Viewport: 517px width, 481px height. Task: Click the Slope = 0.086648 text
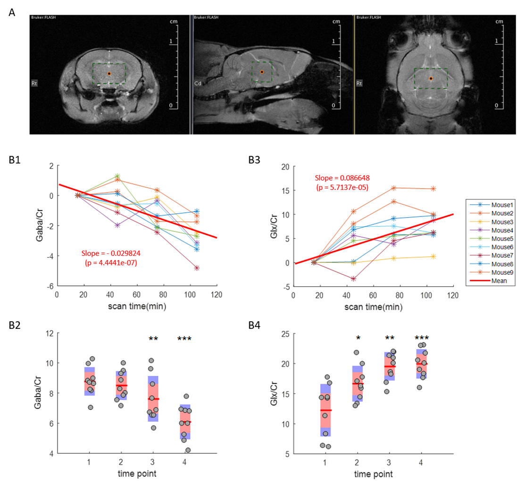(x=341, y=178)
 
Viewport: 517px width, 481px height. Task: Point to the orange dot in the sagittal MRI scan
(x=262, y=72)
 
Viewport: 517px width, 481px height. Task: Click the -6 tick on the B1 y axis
(x=49, y=286)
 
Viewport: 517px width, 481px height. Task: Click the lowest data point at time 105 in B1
(x=197, y=268)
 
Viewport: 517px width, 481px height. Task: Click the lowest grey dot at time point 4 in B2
(x=188, y=450)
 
